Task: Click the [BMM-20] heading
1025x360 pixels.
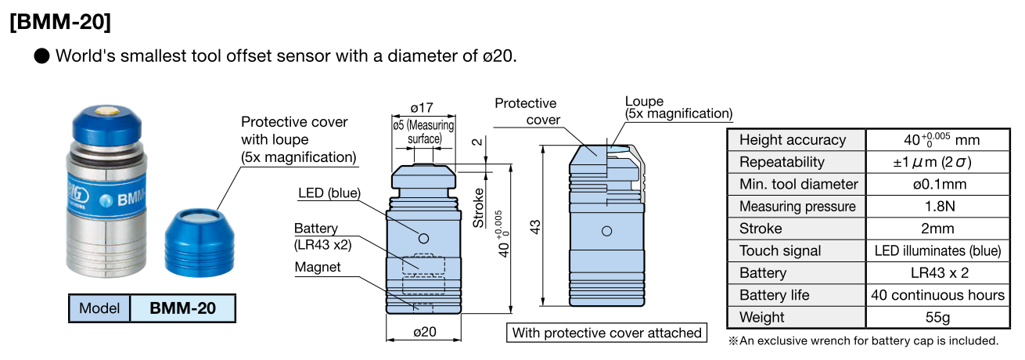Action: click(60, 22)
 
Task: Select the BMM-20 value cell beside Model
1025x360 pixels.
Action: click(182, 308)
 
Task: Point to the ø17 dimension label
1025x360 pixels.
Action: click(423, 107)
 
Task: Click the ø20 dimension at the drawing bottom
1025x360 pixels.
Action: click(423, 332)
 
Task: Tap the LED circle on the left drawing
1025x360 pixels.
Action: click(423, 238)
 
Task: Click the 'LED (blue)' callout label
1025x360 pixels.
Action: click(329, 193)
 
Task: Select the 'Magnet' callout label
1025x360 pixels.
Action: click(317, 267)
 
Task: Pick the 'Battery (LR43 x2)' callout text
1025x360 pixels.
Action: click(323, 236)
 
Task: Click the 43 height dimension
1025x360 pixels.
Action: click(535, 227)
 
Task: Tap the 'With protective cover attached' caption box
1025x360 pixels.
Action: click(606, 333)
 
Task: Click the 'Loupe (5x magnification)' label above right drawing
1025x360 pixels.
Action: click(678, 108)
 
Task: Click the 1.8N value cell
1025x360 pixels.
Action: click(937, 207)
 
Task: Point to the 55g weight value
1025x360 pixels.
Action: click(937, 317)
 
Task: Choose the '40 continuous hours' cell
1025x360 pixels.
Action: click(937, 295)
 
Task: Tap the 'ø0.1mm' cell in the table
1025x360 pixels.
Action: click(937, 185)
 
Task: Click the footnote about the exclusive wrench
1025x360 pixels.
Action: click(864, 340)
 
